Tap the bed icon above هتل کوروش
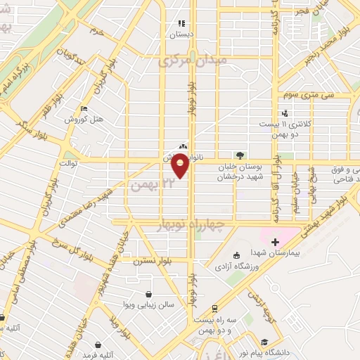(84, 109)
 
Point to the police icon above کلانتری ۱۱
(283, 112)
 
